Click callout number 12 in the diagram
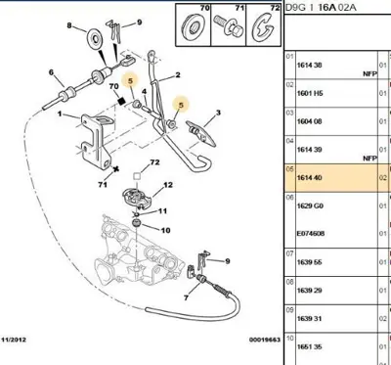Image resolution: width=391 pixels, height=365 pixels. pyautogui.click(x=167, y=185)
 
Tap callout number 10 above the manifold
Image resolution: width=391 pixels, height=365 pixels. pyautogui.click(x=164, y=230)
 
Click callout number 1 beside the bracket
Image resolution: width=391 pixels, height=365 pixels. pyautogui.click(x=60, y=114)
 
